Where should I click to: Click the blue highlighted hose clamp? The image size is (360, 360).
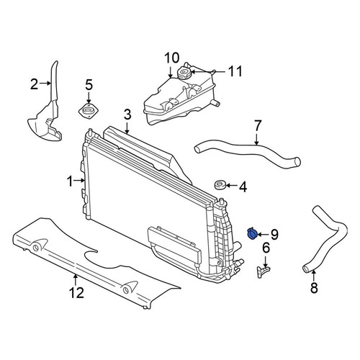[252, 233]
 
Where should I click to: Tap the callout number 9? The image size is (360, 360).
[274, 234]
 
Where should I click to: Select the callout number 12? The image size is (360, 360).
[76, 292]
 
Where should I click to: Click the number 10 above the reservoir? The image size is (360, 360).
[172, 58]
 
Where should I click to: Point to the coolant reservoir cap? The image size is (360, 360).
[184, 72]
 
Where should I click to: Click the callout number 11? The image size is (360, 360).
[235, 71]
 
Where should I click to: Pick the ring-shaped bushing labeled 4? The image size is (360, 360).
[220, 185]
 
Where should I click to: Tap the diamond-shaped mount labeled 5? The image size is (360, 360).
[89, 112]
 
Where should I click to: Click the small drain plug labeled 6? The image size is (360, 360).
[263, 271]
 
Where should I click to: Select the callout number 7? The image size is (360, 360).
[257, 126]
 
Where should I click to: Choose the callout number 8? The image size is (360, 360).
[314, 287]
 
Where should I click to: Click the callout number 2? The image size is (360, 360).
[34, 84]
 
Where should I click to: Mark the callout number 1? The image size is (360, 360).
[70, 181]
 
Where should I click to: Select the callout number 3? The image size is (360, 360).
[127, 114]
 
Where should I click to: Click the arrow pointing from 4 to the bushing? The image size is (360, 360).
[231, 185]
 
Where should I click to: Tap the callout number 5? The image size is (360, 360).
[89, 84]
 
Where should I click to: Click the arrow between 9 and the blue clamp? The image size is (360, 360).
[264, 234]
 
